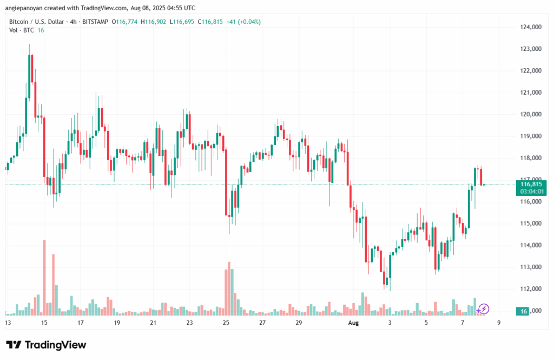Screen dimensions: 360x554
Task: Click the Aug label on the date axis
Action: [353, 323]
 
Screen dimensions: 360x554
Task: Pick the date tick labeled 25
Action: [226, 323]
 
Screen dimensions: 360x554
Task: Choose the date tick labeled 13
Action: [8, 323]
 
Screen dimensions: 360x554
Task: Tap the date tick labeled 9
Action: [499, 323]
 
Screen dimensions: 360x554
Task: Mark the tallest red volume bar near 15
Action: [44, 277]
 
